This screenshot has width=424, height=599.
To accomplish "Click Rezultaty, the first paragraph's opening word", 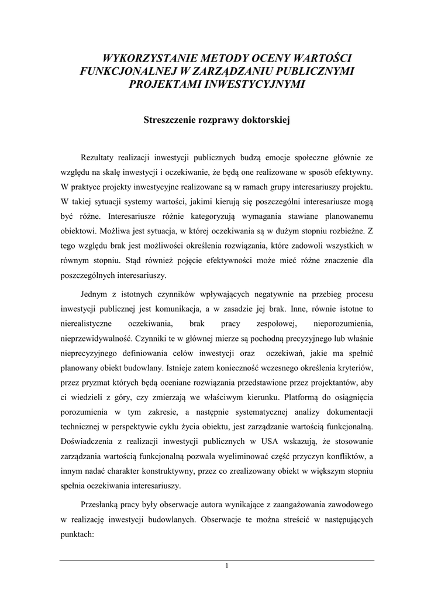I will (x=98, y=157).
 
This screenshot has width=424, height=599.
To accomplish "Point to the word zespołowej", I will (x=269, y=323).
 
